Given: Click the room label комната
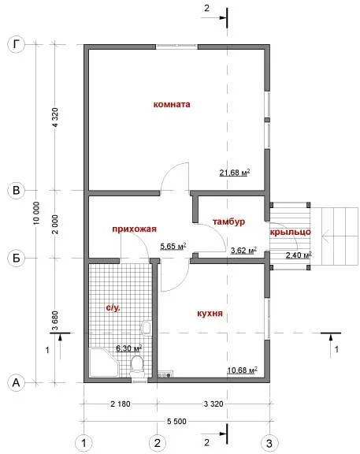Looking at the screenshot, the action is pos(172,104).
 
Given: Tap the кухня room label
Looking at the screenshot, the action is pos(210,314).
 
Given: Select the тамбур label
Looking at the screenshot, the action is pos(228,221).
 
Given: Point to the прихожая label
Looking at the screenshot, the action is pos(134,229).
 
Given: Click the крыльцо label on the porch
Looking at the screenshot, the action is pos(290,232).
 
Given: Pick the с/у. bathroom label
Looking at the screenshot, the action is pos(113,307).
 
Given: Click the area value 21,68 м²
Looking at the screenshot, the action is pos(235,173).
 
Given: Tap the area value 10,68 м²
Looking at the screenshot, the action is pos(242,370).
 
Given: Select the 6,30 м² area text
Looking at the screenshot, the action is pos(128,348).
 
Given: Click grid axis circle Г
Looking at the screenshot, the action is pos(17,45).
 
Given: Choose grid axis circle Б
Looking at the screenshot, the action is pos(17,258).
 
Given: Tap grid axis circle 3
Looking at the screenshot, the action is pos(269,443).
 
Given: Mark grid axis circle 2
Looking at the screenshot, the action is pos(157,443).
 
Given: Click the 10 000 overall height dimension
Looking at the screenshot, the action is pos(37,213).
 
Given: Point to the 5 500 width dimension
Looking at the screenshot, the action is pos(176,421).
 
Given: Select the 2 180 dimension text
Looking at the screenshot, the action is pos(121,404).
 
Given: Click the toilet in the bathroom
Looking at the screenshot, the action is pos(137,366).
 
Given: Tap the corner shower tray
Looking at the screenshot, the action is pos(105,363).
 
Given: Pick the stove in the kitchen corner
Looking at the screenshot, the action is pos(165,374).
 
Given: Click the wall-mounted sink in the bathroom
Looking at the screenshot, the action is pos(147,327).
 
